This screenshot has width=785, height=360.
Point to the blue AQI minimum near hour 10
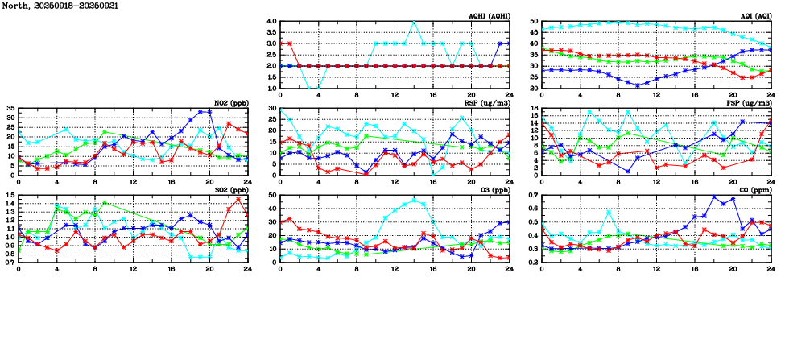tap(637, 85)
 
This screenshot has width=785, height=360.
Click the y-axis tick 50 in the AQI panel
tap(534, 22)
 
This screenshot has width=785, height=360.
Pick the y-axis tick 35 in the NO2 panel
tap(10, 108)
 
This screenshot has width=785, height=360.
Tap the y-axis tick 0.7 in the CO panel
tap(532, 196)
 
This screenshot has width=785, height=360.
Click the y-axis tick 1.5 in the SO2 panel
tap(9, 196)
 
